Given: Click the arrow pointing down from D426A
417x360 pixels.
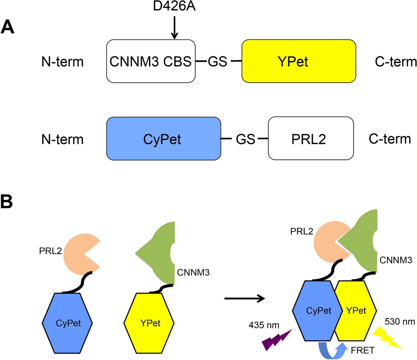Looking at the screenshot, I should pyautogui.click(x=174, y=27).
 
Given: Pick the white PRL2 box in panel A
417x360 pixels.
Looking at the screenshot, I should pyautogui.click(x=311, y=139).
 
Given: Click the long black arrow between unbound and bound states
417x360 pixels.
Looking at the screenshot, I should pyautogui.click(x=245, y=298).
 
